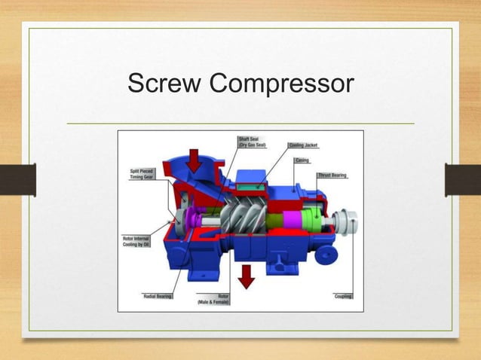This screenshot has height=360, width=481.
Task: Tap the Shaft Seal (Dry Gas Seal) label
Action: [253, 142]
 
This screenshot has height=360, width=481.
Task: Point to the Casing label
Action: [322, 160]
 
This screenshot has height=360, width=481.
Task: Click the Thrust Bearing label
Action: [332, 175]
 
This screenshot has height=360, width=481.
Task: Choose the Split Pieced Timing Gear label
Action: [141, 175]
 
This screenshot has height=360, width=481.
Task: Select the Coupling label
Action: [343, 296]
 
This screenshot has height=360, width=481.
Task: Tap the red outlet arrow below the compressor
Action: [246, 278]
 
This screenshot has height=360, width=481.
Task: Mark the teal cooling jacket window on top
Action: [250, 181]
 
